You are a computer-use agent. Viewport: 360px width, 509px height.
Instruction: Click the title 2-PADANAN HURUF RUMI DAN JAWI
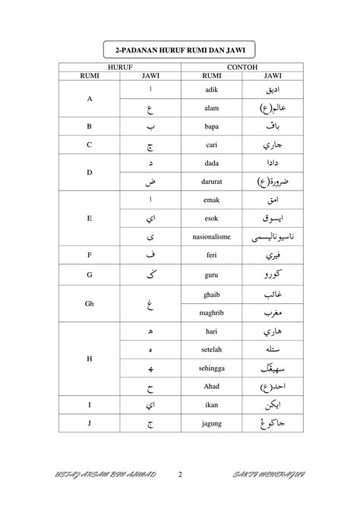[x=180, y=50]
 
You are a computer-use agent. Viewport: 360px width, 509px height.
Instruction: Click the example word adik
[x=212, y=89]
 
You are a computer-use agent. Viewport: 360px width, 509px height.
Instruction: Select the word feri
[x=212, y=256]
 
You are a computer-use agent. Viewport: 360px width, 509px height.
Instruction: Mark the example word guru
[x=212, y=275]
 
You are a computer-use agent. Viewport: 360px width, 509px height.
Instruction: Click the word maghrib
[x=212, y=311]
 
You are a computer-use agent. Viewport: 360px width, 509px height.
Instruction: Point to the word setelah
[x=212, y=349]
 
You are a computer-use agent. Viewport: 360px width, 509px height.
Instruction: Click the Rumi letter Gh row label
[x=90, y=302]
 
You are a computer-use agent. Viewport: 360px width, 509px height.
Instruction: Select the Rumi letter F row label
[x=90, y=256]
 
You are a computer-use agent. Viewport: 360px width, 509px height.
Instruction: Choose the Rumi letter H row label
[x=90, y=358]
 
